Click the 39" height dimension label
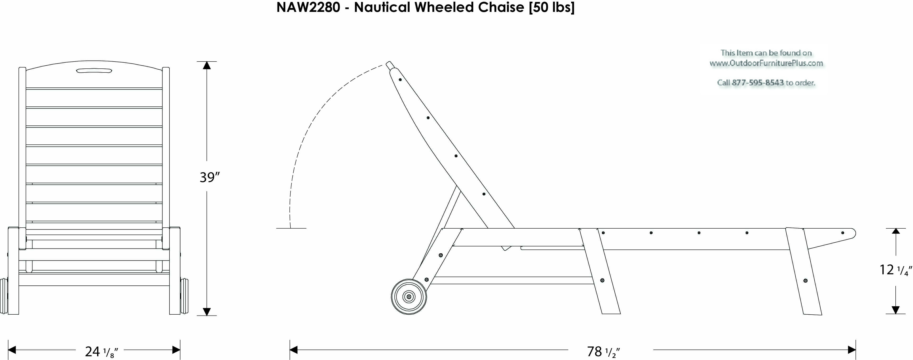click(210, 177)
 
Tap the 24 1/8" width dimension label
click(101, 351)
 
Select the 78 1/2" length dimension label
click(603, 351)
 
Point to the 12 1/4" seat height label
click(895, 270)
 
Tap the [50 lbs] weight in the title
click(551, 7)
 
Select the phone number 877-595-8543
click(758, 82)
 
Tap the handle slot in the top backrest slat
click(94, 71)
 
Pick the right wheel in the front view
click(184, 296)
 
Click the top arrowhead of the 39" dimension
click(207, 65)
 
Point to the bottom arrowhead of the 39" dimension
click(207, 312)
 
